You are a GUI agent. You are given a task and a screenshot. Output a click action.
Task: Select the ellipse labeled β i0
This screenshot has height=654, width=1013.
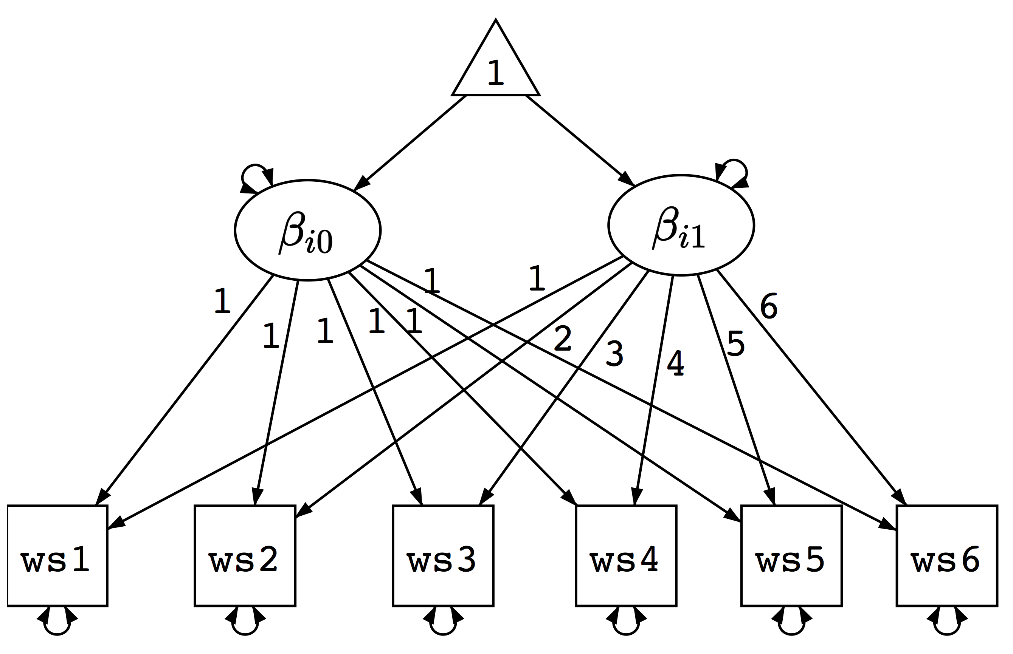tap(307, 230)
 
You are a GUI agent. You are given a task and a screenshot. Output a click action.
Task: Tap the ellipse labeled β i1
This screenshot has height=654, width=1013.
tap(681, 225)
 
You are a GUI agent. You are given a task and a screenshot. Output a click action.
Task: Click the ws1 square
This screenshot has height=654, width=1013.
tap(57, 555)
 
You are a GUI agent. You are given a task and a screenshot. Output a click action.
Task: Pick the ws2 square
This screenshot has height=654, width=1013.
tap(245, 555)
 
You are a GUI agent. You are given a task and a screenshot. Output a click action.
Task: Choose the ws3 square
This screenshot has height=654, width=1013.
tap(443, 555)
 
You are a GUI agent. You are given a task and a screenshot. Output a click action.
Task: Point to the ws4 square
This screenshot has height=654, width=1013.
tap(626, 555)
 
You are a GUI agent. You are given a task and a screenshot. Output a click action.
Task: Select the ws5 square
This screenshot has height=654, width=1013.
tap(791, 555)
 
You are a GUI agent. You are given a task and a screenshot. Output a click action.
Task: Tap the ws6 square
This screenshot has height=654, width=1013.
tap(947, 555)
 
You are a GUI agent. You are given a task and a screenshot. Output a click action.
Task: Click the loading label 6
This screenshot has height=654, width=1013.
tap(769, 306)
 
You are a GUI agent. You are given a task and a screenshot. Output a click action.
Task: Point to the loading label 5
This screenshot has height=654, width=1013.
tap(735, 343)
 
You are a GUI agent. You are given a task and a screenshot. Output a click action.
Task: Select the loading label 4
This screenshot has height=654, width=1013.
tap(675, 363)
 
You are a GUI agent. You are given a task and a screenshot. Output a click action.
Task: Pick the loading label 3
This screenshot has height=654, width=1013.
tap(614, 353)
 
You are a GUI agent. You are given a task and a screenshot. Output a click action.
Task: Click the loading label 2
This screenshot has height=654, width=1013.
tap(563, 338)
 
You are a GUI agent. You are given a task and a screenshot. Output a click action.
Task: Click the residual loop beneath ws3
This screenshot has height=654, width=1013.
tap(443, 624)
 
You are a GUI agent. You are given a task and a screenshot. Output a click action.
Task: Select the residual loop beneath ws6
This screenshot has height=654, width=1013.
tap(947, 624)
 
